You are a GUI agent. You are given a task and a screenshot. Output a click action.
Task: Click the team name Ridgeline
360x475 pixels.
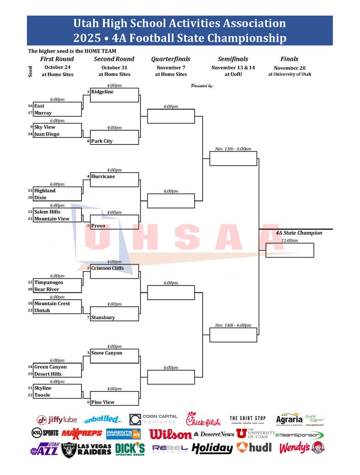102,92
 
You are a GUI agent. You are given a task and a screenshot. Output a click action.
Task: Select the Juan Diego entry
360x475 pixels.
47,134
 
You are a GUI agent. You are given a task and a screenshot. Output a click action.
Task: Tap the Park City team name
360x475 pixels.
102,141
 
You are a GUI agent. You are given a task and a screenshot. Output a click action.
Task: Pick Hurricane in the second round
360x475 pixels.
103,177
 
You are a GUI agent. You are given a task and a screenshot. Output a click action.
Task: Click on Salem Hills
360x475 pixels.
47,212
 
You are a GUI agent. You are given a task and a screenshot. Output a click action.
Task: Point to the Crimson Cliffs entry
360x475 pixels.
107,268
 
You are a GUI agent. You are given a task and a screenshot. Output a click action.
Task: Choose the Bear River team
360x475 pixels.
47,289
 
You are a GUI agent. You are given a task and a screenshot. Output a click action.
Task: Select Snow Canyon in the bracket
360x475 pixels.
106,353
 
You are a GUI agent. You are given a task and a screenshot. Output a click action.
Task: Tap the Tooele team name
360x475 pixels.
42,395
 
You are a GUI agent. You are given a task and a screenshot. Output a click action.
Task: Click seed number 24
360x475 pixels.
30,134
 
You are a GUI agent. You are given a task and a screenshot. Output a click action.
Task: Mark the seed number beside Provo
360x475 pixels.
88,226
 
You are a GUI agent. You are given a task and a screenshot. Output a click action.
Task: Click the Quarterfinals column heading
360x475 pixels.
171,59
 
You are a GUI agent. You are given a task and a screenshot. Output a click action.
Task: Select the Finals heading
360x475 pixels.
289,59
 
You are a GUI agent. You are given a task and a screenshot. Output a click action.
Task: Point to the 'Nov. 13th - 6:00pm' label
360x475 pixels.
233,149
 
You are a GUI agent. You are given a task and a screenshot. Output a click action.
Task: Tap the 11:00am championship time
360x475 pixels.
290,240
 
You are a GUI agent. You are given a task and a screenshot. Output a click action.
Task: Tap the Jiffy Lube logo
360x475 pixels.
57,420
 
